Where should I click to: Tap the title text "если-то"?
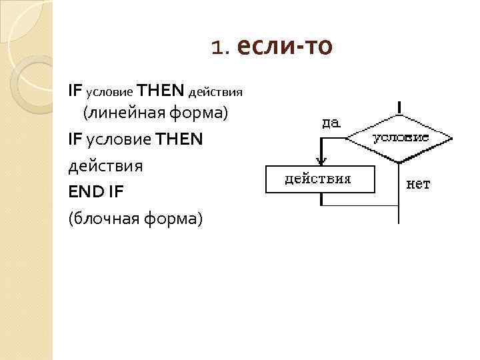click(x=284, y=46)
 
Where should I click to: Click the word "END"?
click(x=86, y=191)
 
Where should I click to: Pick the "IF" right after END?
click(x=115, y=191)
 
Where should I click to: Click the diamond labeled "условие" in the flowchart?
click(x=399, y=139)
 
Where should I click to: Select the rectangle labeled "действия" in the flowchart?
click(x=320, y=179)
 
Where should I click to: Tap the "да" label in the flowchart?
click(x=331, y=122)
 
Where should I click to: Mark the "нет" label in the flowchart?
click(x=419, y=184)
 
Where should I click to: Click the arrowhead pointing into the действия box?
click(x=321, y=160)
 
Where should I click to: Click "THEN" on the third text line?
click(x=179, y=139)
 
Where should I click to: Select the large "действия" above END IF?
click(x=105, y=165)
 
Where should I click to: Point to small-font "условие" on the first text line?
click(x=108, y=89)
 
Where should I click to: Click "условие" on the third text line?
click(x=117, y=139)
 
